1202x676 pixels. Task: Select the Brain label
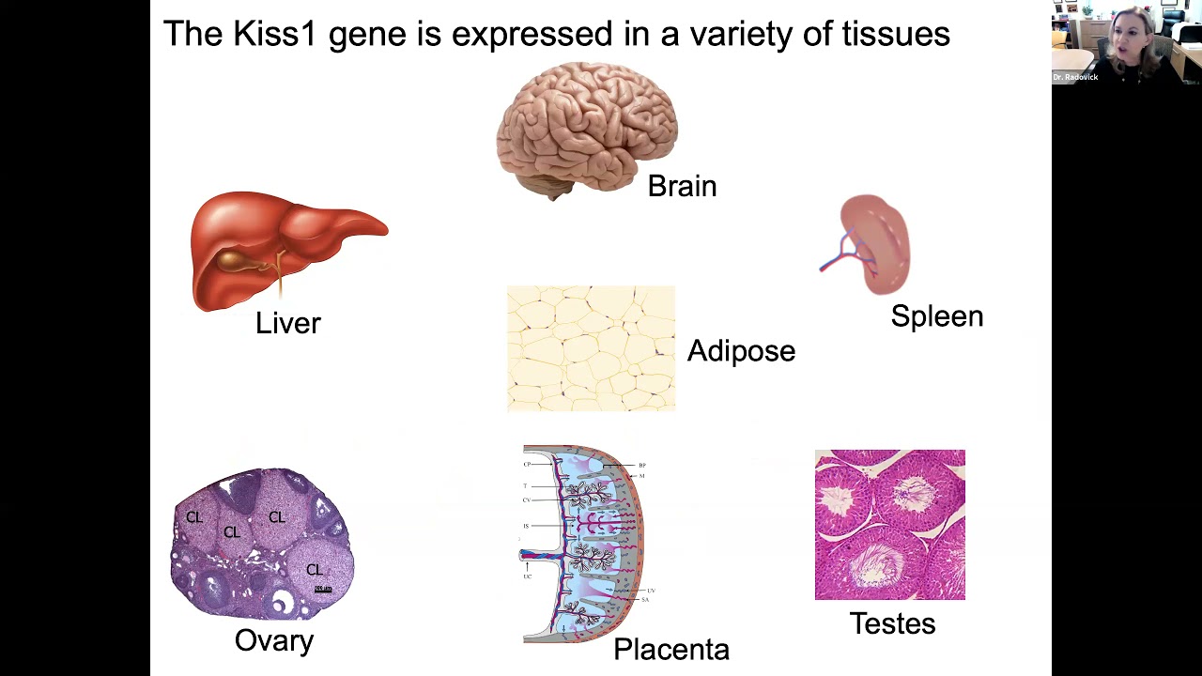682,186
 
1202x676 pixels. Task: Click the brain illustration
586,127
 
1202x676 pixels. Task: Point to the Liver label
287,323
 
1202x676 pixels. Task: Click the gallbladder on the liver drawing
241,259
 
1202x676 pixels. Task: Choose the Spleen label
936,316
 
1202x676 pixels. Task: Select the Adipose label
741,351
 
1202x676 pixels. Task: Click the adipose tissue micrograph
591,348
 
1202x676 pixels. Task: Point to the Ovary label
273,640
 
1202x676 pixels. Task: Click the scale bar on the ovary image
323,589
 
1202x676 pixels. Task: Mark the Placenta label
670,650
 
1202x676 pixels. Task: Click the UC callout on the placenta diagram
528,576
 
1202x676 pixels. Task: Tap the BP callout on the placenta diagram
642,465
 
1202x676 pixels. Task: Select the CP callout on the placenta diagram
527,464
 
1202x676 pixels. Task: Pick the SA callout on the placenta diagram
645,599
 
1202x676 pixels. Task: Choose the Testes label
892,623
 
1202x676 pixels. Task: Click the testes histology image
889,524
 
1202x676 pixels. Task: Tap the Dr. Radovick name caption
1075,77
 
